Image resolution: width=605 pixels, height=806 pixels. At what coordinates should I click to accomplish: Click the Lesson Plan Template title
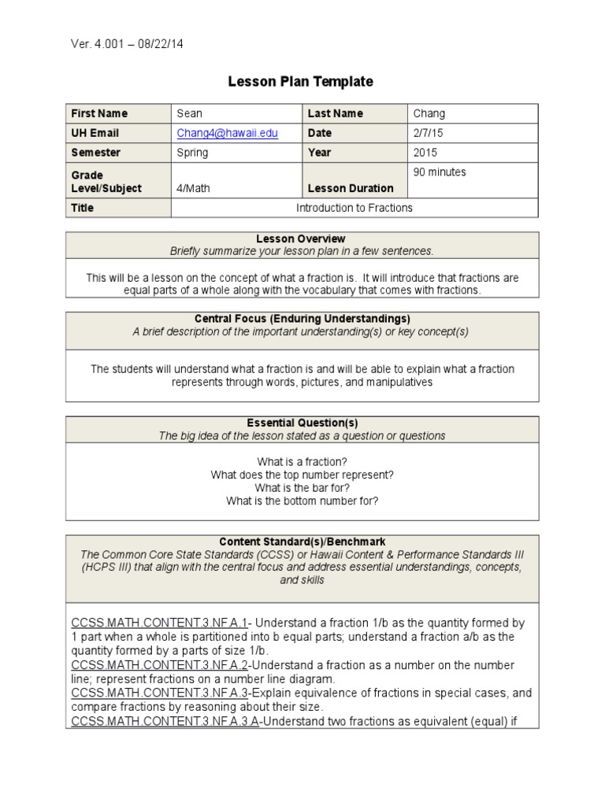[x=300, y=82]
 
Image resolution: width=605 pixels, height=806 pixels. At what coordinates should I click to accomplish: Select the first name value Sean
[x=190, y=113]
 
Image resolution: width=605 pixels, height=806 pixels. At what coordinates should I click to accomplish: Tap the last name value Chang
[x=429, y=113]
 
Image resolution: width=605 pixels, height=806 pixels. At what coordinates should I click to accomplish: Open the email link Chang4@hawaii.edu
[x=227, y=133]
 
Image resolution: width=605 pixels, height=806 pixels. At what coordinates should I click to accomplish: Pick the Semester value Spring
[x=192, y=153]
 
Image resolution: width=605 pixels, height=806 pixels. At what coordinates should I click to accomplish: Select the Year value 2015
[x=425, y=153]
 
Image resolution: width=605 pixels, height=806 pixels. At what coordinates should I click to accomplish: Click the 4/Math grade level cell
[x=194, y=188]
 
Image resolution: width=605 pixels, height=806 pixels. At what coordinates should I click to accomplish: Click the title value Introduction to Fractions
[x=354, y=208]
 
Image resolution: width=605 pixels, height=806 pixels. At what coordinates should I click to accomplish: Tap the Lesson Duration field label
[x=351, y=188]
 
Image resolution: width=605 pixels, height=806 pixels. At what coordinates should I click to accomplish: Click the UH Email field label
[x=95, y=133]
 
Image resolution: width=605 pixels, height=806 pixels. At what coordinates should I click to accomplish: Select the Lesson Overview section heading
[x=301, y=238]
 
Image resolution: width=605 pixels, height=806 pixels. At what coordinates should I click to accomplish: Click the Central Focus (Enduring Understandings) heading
[x=302, y=319]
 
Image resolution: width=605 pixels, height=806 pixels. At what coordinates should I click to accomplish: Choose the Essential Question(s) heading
[x=302, y=423]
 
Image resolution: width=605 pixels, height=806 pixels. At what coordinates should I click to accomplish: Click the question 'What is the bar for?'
[x=302, y=488]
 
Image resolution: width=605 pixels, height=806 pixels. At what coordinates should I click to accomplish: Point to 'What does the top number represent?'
[x=302, y=475]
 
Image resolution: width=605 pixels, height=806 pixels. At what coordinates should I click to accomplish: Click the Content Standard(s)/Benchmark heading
[x=302, y=542]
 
